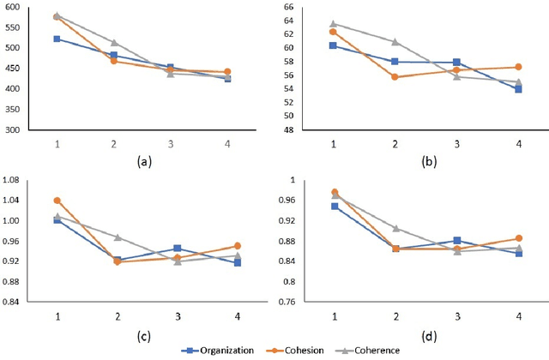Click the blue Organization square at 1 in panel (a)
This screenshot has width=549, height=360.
pos(57,39)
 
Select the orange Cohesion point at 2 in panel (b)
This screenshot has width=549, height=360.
pos(395,77)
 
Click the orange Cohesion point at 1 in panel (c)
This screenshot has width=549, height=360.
pos(57,201)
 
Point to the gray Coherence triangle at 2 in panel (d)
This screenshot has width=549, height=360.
pos(395,228)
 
